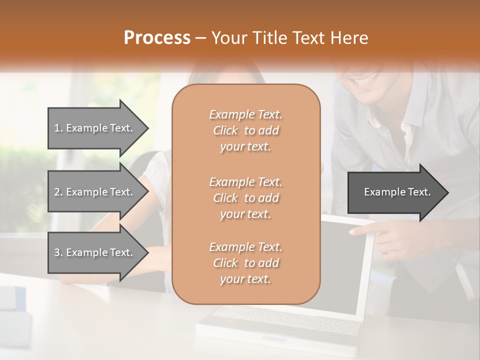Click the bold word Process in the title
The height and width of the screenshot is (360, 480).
click(157, 38)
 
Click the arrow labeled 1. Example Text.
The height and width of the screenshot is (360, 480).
click(97, 128)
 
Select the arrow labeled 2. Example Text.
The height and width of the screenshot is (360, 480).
click(97, 192)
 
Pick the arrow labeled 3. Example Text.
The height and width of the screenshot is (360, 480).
click(97, 252)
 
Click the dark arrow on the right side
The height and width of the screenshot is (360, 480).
click(397, 192)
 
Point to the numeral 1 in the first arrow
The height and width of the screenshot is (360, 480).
click(57, 128)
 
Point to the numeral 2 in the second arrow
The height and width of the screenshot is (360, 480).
click(57, 192)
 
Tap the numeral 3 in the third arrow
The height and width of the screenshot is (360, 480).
click(57, 252)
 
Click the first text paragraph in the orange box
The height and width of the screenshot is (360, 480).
click(245, 130)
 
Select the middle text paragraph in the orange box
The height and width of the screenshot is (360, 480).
click(245, 198)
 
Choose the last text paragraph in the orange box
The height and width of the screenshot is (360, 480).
click(245, 263)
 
